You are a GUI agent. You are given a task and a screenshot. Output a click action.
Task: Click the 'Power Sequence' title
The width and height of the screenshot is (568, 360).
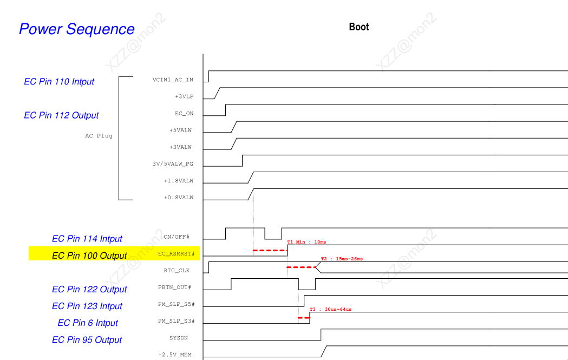pos(77,29)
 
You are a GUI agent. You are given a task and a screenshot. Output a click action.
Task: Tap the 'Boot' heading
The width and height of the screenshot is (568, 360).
pos(358,27)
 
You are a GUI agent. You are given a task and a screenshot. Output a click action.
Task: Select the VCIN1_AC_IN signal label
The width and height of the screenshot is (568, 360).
pos(173,80)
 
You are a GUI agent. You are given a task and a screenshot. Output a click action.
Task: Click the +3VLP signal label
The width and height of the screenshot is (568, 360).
pos(184,97)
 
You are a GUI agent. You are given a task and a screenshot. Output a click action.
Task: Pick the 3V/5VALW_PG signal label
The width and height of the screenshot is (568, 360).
pos(173,163)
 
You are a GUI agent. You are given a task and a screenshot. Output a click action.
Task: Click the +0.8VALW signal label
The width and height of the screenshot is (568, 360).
pos(178,198)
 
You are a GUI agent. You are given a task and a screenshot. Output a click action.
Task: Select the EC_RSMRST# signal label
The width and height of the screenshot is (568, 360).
pos(176,253)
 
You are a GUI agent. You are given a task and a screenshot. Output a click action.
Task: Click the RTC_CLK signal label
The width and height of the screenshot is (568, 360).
pos(177,270)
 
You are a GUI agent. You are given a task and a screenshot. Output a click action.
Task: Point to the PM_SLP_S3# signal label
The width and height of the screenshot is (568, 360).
pos(176,321)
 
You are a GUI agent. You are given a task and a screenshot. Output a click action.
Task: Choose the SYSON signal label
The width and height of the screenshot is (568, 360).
pos(178,338)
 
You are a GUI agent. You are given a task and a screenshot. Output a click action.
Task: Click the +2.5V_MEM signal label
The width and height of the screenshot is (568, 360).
pos(175,355)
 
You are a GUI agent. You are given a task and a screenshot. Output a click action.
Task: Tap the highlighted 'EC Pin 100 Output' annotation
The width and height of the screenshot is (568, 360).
pos(89,256)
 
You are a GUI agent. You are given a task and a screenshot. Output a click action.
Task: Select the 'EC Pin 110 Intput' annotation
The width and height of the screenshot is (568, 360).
pos(59,82)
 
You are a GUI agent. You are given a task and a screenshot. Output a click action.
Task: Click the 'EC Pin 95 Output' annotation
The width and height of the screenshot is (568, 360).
pos(87,340)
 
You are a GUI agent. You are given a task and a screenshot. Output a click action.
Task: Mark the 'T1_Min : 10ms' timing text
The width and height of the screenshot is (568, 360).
pos(306,242)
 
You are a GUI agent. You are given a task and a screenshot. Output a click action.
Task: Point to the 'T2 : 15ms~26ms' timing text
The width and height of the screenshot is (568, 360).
pos(342,259)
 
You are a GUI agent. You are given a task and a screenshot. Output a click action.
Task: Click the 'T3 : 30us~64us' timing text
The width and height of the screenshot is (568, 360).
pos(330,309)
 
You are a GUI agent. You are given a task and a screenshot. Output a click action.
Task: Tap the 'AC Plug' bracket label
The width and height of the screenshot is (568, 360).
pos(99,136)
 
